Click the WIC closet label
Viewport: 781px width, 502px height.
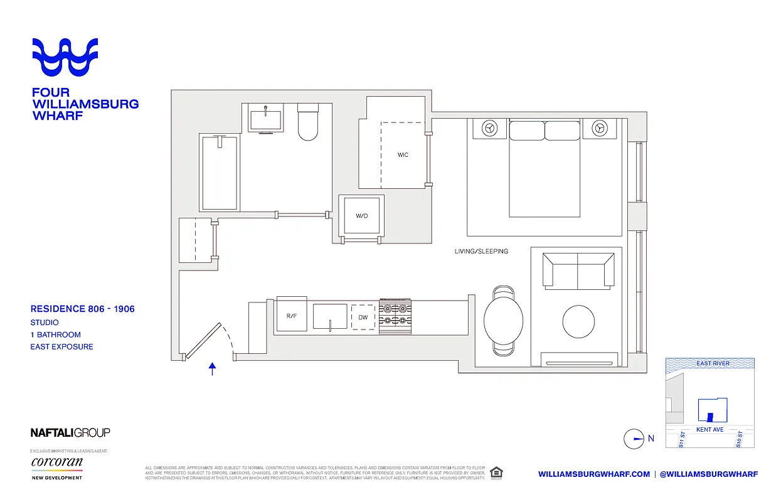click(403, 154)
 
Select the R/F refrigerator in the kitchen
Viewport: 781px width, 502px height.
click(291, 316)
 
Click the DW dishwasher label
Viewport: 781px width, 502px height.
click(363, 317)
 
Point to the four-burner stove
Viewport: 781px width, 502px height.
click(395, 316)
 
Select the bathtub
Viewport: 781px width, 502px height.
click(219, 173)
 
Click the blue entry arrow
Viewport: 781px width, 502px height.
click(213, 369)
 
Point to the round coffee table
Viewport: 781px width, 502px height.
click(578, 321)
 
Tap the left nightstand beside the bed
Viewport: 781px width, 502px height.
click(490, 128)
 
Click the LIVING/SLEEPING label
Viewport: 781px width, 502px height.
click(481, 252)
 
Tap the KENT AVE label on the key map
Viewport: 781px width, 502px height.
click(709, 430)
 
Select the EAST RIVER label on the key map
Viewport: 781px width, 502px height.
click(712, 363)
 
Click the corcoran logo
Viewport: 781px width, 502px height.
click(56, 462)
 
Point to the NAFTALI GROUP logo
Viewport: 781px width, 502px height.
click(70, 432)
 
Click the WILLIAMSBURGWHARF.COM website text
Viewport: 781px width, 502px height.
click(593, 474)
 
